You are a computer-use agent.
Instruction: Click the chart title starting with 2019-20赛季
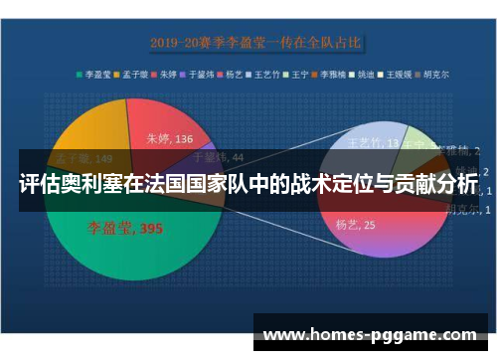click(256, 43)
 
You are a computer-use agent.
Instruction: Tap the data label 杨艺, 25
click(355, 225)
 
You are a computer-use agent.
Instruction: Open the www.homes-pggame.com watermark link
click(368, 335)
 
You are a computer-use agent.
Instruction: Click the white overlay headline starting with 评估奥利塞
click(248, 184)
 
